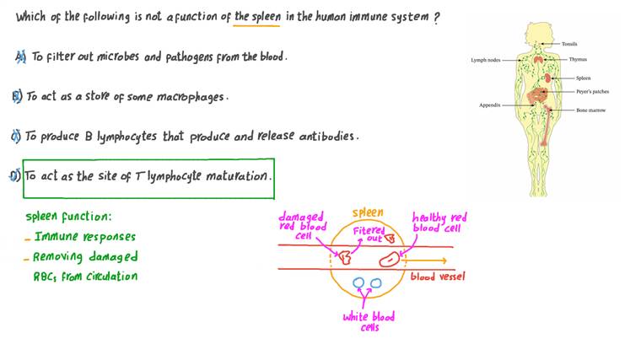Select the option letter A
coord(20,56)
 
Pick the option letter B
coord(16,96)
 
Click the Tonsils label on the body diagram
coord(569,44)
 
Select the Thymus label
coord(578,60)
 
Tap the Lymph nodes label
coord(485,60)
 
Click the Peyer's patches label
coord(592,91)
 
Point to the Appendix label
coord(489,105)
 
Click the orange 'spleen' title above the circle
coord(367,213)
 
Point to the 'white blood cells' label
coord(369,322)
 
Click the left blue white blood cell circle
coord(358,284)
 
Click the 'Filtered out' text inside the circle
coord(369,234)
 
